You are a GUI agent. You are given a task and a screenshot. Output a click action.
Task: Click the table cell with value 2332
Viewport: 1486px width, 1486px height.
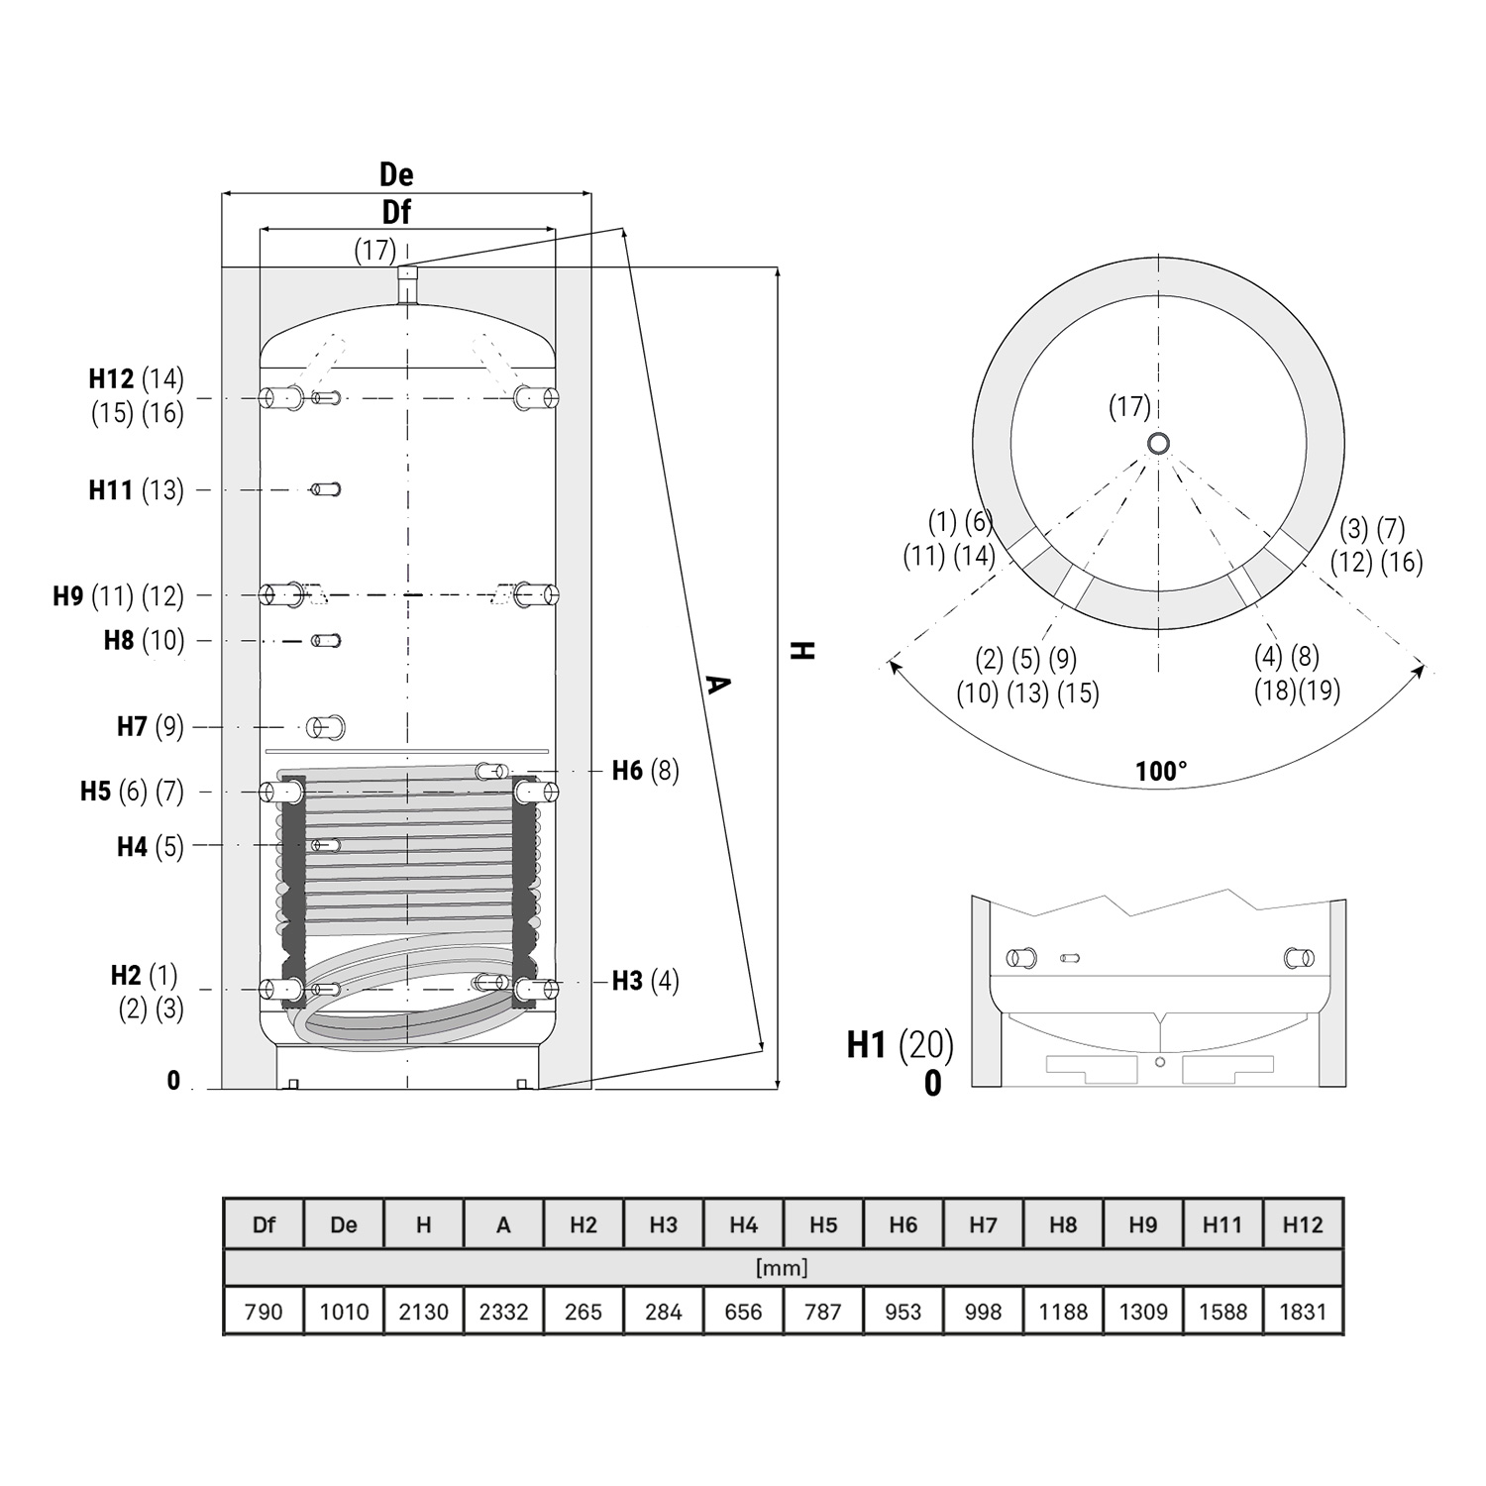coord(503,1312)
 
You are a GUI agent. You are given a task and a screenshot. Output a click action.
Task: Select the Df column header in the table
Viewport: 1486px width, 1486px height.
coord(264,1225)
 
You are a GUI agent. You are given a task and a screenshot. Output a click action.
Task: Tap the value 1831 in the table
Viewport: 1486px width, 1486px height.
coord(1303,1312)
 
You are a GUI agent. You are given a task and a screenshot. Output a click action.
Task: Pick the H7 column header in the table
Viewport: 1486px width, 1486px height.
coord(983,1225)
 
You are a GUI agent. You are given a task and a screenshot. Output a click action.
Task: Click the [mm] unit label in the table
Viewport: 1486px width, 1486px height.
coord(782,1268)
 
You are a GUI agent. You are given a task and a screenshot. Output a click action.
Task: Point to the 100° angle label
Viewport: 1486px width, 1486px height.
coord(1161,772)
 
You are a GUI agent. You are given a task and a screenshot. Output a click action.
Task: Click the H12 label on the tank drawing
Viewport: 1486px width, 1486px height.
coord(111,379)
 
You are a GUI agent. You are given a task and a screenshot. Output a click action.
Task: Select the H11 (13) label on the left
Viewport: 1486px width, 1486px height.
coord(136,489)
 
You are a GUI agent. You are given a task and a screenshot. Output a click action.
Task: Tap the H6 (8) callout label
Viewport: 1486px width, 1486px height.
coord(645,771)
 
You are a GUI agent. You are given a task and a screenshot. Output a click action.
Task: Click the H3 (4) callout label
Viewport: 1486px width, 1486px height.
coord(645,981)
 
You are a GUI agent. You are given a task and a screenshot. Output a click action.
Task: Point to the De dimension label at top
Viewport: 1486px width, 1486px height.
coord(396,175)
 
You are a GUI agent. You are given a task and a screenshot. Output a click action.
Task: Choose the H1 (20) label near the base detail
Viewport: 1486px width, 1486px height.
coord(900,1044)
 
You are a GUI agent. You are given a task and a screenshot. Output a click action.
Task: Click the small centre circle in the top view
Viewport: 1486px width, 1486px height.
coord(1158,444)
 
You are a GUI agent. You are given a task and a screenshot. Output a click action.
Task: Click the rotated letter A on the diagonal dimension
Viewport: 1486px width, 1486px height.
coord(717,684)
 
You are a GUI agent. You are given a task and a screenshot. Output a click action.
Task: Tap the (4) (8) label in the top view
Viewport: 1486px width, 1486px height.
coord(1286,656)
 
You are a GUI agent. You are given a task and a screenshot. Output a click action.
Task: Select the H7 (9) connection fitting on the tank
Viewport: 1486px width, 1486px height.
coord(325,727)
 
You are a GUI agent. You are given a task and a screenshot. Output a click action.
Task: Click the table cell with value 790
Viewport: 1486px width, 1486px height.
coord(264,1312)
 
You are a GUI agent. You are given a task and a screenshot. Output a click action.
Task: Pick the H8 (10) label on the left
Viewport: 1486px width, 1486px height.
coord(144,640)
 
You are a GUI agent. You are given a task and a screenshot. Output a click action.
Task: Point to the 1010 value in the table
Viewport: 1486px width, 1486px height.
coord(344,1312)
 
